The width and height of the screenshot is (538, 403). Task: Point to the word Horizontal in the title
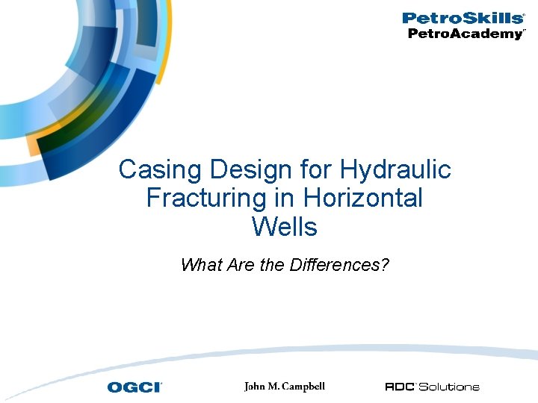pos(363,199)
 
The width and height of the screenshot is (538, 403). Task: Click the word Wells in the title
pos(285,226)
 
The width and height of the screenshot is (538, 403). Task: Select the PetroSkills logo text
pos(463,18)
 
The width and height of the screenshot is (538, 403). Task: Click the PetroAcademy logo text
pos(466,34)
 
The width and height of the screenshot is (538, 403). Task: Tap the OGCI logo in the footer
pos(134,387)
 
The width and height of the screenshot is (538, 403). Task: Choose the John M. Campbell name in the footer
pos(285,387)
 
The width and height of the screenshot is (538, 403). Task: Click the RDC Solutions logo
pos(432,387)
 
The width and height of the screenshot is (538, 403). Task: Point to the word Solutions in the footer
pos(449,387)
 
